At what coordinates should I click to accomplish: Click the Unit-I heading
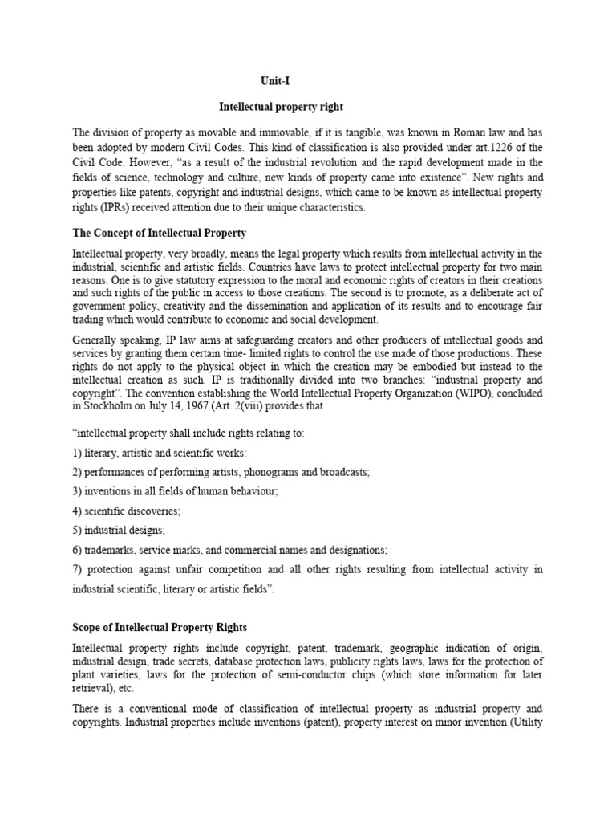pyautogui.click(x=275, y=81)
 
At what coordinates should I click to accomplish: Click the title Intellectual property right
pyautogui.click(x=275, y=107)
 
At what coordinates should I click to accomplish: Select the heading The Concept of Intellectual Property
pyautogui.click(x=160, y=233)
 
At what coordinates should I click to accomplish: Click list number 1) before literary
pyautogui.click(x=77, y=452)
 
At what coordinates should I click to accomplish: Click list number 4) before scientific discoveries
pyautogui.click(x=77, y=511)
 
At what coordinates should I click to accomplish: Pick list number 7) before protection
pyautogui.click(x=77, y=569)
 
